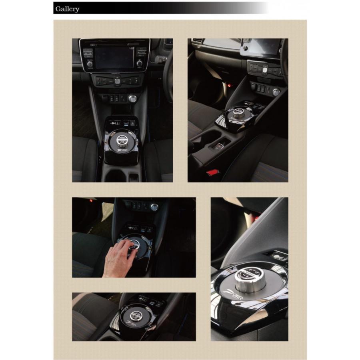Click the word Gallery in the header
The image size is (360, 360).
click(x=67, y=9)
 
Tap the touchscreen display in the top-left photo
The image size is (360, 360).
click(x=114, y=56)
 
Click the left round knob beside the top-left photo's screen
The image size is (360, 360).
click(x=90, y=64)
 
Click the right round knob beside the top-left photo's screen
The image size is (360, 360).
click(x=140, y=63)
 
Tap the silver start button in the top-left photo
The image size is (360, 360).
click(x=132, y=98)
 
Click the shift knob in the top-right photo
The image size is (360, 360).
click(x=238, y=112)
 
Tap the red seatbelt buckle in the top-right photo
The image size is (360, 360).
click(x=212, y=172)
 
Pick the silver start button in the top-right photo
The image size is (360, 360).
click(x=276, y=92)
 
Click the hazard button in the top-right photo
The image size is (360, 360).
click(x=265, y=70)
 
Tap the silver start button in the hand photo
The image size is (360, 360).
click(x=154, y=207)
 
